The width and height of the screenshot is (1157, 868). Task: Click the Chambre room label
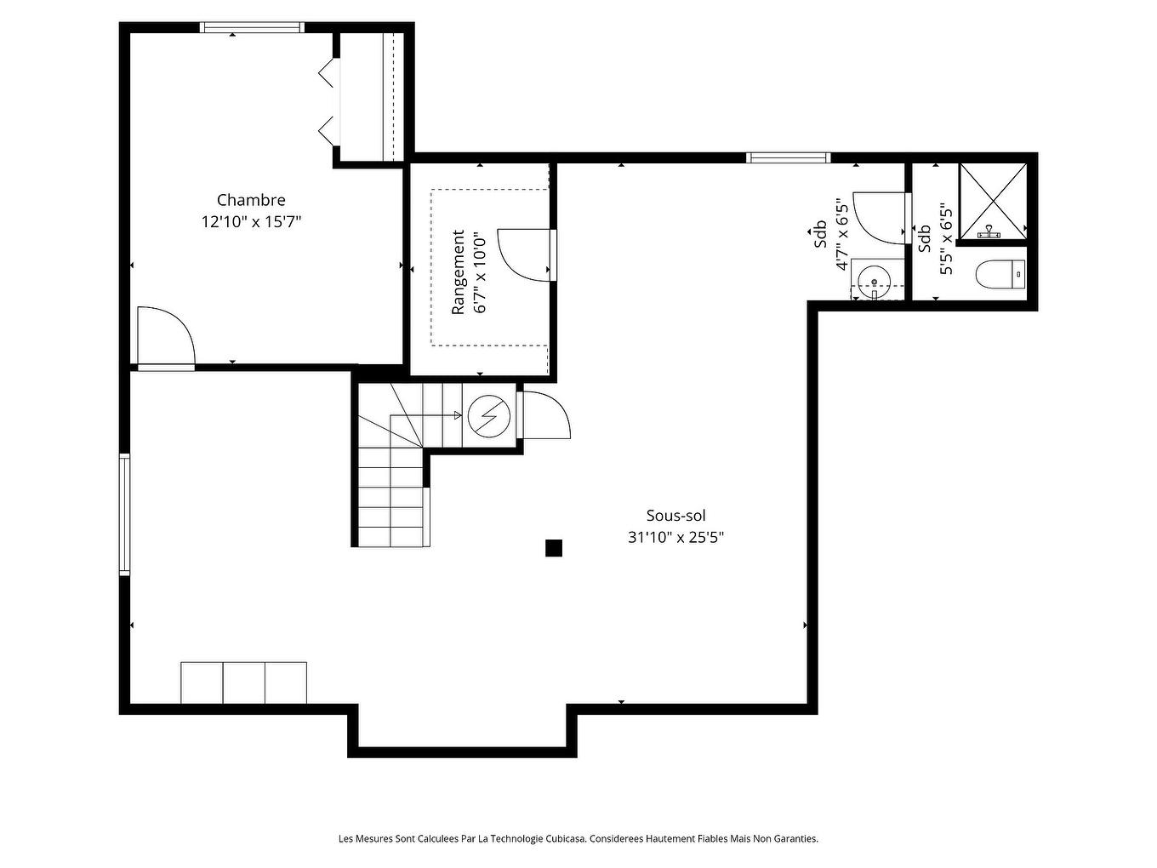pyautogui.click(x=251, y=200)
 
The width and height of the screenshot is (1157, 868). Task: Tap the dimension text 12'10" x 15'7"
pyautogui.click(x=251, y=222)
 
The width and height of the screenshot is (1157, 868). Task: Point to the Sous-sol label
pyautogui.click(x=675, y=516)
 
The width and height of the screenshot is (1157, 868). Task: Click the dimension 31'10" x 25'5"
pyautogui.click(x=675, y=538)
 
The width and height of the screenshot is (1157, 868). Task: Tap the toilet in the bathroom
pyautogui.click(x=999, y=275)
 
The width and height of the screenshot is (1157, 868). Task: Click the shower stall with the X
pyautogui.click(x=993, y=200)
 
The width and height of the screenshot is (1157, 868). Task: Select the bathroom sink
pyautogui.click(x=874, y=279)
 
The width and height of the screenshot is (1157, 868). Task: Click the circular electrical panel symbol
pyautogui.click(x=489, y=415)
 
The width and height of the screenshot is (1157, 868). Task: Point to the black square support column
pyautogui.click(x=554, y=548)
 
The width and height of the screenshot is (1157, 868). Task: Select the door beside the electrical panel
pyautogui.click(x=544, y=415)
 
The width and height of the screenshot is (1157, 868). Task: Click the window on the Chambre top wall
pyautogui.click(x=252, y=27)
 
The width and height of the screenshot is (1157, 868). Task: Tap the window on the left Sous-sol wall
pyautogui.click(x=125, y=514)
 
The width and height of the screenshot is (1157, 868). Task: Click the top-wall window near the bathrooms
pyautogui.click(x=788, y=157)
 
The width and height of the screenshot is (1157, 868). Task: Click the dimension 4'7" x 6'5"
pyautogui.click(x=841, y=235)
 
